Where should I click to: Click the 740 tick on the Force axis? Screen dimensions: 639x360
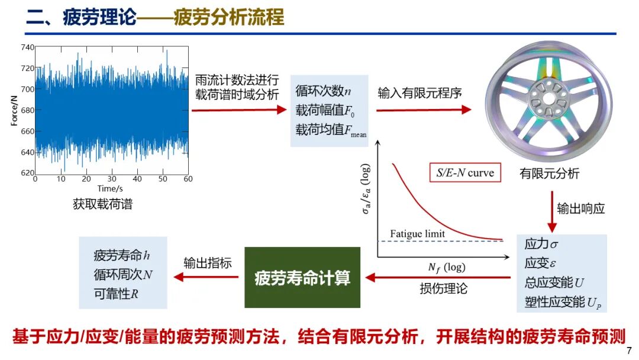(x=27, y=47)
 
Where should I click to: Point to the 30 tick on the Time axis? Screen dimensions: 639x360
(x=112, y=179)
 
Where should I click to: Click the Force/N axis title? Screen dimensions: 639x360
(x=14, y=111)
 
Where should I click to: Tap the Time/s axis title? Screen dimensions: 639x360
(x=110, y=188)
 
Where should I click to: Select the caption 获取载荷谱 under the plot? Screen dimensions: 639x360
(x=103, y=204)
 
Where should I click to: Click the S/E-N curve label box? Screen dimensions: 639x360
(x=465, y=172)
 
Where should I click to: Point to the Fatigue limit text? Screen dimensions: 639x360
(x=417, y=234)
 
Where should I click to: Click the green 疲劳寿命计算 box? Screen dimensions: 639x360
(x=302, y=277)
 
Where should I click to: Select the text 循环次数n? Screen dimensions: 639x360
(x=323, y=91)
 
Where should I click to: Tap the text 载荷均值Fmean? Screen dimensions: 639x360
(x=331, y=130)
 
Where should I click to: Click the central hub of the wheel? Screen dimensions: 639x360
(x=548, y=98)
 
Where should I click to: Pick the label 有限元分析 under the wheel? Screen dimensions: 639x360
(x=549, y=173)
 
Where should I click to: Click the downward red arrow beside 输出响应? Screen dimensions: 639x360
(x=552, y=211)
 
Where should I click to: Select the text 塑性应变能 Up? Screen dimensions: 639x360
(x=563, y=302)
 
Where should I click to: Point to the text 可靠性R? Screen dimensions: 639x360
(x=116, y=294)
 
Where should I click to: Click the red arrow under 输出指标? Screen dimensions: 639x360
(x=206, y=277)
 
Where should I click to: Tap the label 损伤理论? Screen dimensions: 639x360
(x=443, y=289)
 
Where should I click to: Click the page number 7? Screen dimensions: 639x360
(x=629, y=350)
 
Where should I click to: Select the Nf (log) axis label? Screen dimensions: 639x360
(x=447, y=268)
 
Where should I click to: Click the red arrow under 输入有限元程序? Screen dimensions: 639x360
(x=424, y=110)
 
